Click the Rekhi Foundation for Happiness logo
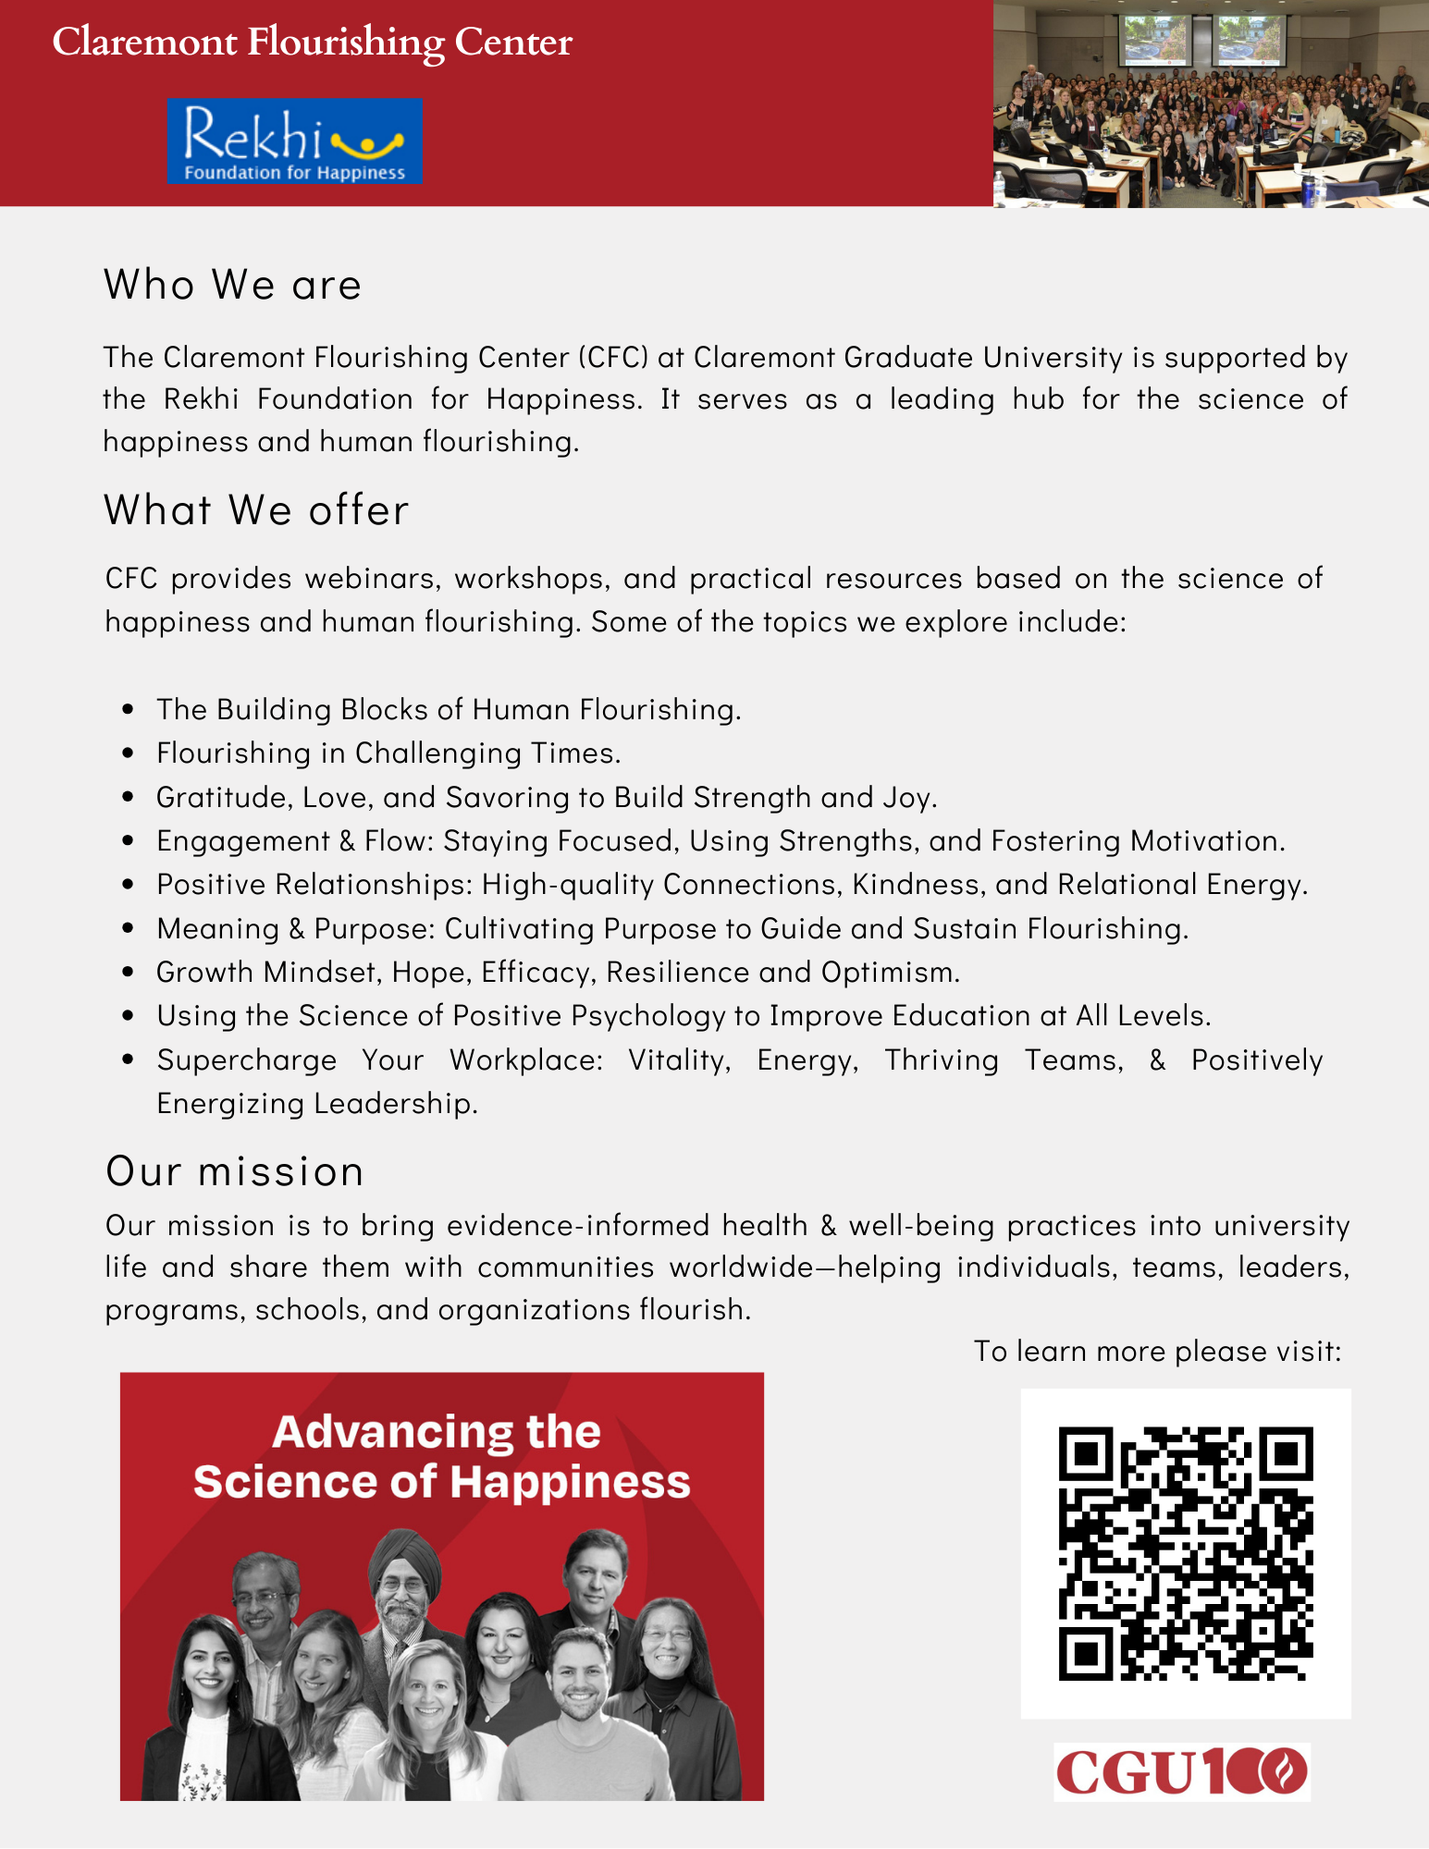pyautogui.click(x=294, y=141)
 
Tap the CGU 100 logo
pyautogui.click(x=1181, y=1771)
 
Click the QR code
pyautogui.click(x=1185, y=1553)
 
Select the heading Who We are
pyautogui.click(x=232, y=284)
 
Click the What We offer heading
pyautogui.click(x=256, y=509)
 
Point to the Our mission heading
pyautogui.click(x=235, y=1171)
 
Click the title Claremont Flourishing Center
pyautogui.click(x=313, y=43)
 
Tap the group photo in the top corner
pyautogui.click(x=1211, y=104)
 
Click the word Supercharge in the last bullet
pyautogui.click(x=246, y=1059)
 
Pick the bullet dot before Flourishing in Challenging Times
pyautogui.click(x=129, y=753)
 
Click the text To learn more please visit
pyautogui.click(x=1157, y=1351)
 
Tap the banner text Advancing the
pyautogui.click(x=437, y=1432)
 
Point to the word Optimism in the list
pyautogui.click(x=890, y=972)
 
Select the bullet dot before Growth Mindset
pyautogui.click(x=129, y=973)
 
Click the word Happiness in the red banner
pyautogui.click(x=570, y=1482)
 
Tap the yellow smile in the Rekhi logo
pyautogui.click(x=367, y=144)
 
